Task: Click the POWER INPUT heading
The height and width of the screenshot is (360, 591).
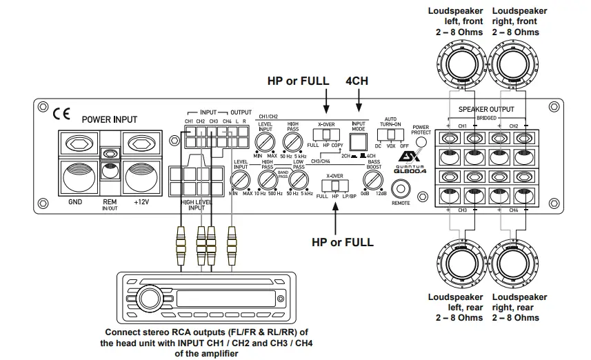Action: [x=109, y=119]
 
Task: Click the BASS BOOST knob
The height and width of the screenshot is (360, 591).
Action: [x=373, y=181]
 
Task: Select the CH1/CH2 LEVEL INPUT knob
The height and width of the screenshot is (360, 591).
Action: [x=264, y=143]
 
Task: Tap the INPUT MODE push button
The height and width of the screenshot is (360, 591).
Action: [x=357, y=142]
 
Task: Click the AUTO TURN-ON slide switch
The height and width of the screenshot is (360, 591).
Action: [x=392, y=134]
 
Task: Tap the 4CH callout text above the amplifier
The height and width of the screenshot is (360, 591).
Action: [x=357, y=81]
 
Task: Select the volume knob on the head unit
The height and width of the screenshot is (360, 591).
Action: [x=148, y=299]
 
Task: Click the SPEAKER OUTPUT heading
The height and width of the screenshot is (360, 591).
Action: [x=486, y=109]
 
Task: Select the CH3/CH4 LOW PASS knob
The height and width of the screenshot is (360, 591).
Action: [x=298, y=181]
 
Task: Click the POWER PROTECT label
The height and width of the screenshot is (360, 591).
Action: [x=420, y=130]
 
